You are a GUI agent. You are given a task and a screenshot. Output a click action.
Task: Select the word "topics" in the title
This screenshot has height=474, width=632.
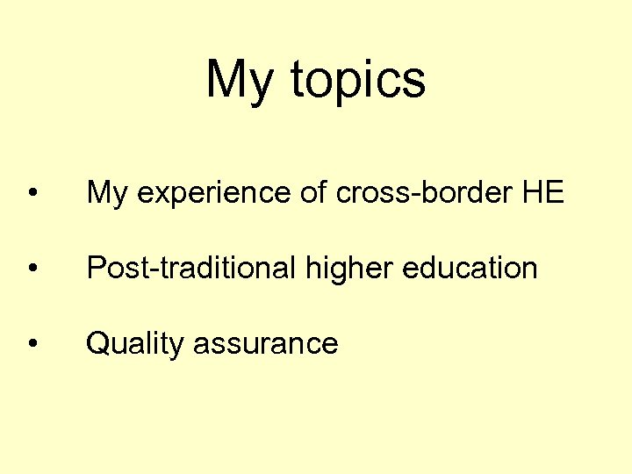357,80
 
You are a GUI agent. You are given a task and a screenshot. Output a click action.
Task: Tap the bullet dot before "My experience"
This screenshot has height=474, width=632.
32,193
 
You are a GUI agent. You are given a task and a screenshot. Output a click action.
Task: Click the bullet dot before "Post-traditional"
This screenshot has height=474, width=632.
32,268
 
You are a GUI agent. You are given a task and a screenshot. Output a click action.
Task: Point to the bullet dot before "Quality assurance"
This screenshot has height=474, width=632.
32,343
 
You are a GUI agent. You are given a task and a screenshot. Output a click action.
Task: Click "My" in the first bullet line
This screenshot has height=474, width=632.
106,193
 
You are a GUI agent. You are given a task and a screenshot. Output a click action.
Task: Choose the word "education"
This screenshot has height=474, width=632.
470,268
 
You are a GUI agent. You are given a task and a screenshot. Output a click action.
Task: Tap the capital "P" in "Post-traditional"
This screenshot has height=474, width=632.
95,268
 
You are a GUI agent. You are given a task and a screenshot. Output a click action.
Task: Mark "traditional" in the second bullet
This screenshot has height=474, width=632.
226,268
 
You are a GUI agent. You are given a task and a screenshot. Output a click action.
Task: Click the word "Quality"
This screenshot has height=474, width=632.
134,344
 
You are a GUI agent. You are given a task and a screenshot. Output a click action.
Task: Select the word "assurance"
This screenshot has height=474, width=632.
265,344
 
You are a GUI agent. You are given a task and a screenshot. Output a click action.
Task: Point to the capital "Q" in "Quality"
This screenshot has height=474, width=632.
97,343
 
